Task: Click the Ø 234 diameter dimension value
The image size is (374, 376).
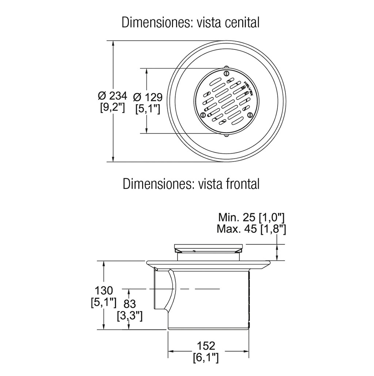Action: (x=112, y=96)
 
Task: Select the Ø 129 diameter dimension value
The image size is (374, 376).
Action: (x=148, y=98)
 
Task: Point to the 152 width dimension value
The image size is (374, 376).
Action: (x=206, y=346)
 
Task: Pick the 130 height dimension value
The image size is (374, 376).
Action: (x=103, y=291)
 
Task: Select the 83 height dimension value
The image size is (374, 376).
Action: (x=130, y=304)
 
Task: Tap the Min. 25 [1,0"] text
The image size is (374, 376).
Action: (x=251, y=218)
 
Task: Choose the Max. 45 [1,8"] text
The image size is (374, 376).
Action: (x=251, y=229)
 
